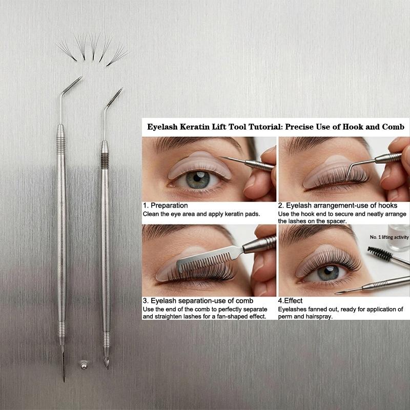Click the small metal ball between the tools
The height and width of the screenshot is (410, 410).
(x=84, y=365)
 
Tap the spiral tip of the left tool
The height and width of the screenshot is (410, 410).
(x=72, y=85)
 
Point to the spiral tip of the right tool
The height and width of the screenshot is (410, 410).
(x=114, y=97)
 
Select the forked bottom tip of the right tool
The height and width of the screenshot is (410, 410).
(x=106, y=363)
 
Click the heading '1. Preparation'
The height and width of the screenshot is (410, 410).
(x=165, y=206)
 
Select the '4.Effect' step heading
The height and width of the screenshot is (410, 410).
(x=290, y=301)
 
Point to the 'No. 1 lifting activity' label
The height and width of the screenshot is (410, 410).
(x=389, y=237)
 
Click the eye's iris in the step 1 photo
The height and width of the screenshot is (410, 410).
(x=198, y=180)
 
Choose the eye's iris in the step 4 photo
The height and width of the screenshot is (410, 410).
(x=328, y=273)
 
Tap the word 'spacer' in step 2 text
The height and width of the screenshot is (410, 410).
(x=337, y=221)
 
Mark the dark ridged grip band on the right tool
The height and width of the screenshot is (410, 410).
(x=105, y=161)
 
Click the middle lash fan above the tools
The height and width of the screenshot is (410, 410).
(x=94, y=46)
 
